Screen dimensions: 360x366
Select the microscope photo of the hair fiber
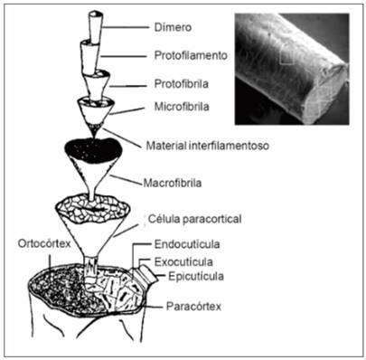point(292,68)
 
